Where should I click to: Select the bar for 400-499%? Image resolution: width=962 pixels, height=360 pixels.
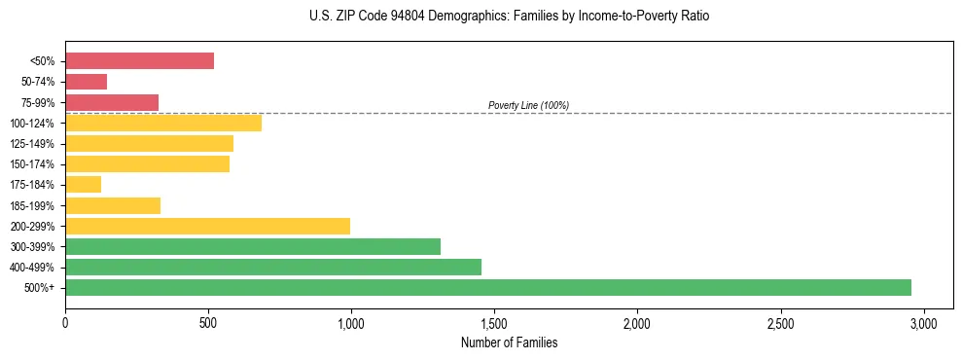coord(273,267)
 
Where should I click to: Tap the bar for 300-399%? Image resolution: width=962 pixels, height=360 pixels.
coord(253,246)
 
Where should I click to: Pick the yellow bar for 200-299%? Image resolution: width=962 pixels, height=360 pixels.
coord(207,226)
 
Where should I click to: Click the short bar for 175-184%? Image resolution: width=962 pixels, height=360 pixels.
coord(84,185)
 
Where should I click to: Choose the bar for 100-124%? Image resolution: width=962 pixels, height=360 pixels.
coord(163,123)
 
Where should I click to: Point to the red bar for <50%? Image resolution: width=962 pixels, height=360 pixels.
coord(139,60)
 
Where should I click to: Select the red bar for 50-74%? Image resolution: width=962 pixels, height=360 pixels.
coord(87,82)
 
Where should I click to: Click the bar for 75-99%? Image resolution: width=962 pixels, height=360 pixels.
coord(112,102)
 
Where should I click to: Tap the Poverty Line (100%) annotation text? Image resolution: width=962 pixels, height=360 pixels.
coord(528,105)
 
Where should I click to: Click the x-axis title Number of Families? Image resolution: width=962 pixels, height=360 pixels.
coord(509,342)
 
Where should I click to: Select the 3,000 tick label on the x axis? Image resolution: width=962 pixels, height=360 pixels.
coord(923,322)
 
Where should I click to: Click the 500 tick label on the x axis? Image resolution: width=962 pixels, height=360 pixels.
coord(208,322)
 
